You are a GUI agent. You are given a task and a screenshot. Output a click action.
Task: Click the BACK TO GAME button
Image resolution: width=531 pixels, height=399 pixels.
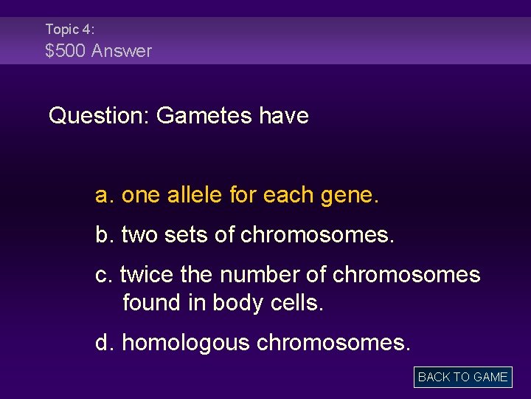pos(462,377)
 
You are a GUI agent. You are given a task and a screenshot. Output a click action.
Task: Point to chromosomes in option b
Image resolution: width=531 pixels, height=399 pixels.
pos(318,235)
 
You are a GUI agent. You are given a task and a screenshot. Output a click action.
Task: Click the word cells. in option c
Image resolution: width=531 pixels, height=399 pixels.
pos(296,303)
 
